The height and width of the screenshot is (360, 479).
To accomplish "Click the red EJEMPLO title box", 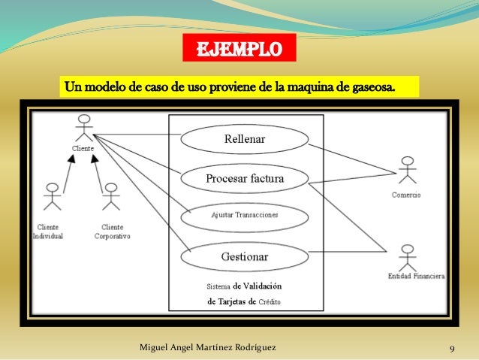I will pyautogui.click(x=239, y=49).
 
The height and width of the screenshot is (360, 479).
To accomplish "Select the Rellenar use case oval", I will pyautogui.click(x=245, y=139).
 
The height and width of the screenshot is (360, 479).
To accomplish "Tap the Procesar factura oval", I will pyautogui.click(x=245, y=179).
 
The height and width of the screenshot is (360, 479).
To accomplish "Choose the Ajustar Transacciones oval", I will pyautogui.click(x=245, y=215).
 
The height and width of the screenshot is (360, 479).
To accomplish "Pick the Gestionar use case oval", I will pyautogui.click(x=245, y=256).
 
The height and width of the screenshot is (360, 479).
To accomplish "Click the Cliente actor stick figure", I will pyautogui.click(x=84, y=128).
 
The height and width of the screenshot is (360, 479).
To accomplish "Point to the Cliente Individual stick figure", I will pyautogui.click(x=52, y=197).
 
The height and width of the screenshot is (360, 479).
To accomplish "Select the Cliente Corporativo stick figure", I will pyautogui.click(x=110, y=197).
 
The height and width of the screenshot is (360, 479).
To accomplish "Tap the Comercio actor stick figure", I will pyautogui.click(x=408, y=171).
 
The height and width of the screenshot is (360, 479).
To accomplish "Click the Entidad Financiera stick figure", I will pyautogui.click(x=408, y=257).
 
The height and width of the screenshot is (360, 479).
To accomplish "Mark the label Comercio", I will pyautogui.click(x=406, y=195).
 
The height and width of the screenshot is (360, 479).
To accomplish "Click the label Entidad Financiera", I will pyautogui.click(x=416, y=277).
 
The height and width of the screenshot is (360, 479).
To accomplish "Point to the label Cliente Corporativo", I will pyautogui.click(x=113, y=231).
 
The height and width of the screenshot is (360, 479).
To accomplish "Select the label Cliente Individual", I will pyautogui.click(x=48, y=231).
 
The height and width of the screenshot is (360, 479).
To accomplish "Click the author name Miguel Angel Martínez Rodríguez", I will pyautogui.click(x=208, y=348).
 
